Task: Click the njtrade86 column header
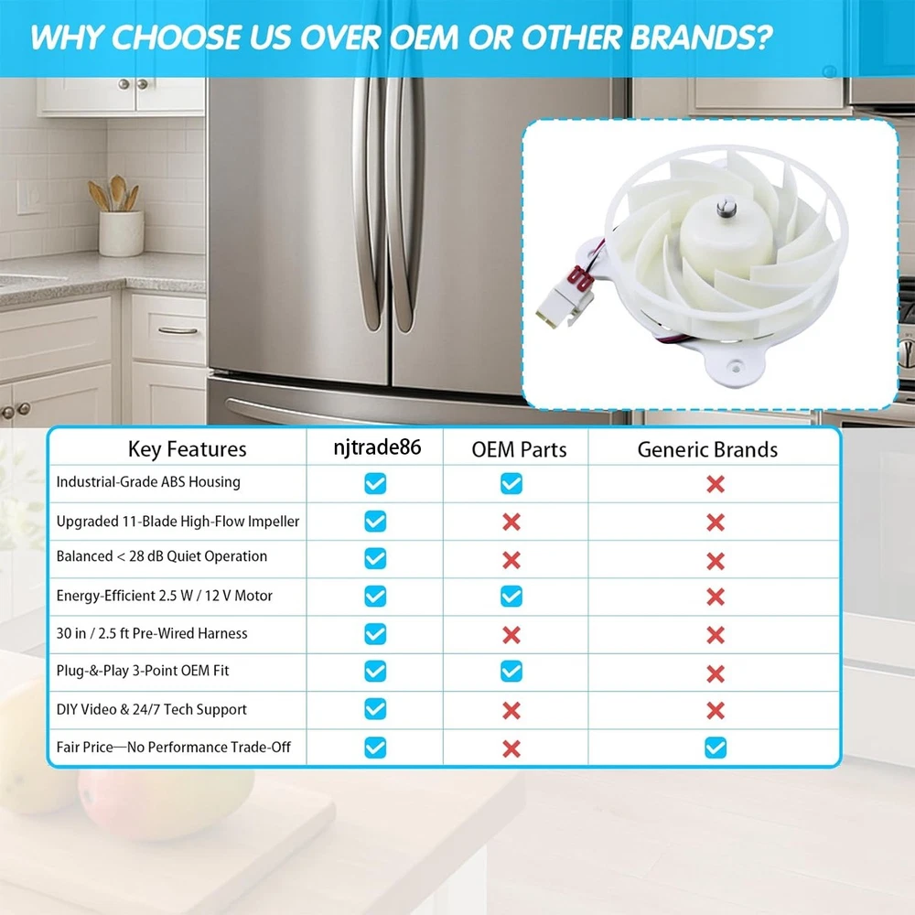377,447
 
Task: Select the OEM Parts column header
519,449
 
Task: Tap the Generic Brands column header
707,449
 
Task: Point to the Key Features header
187,448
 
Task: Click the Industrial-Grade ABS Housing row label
148,482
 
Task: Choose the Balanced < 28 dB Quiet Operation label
162,556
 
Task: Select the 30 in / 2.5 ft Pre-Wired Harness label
152,633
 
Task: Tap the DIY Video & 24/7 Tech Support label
151,709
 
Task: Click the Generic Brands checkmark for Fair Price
716,748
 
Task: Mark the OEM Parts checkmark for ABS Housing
511,483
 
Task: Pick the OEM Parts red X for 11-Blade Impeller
511,522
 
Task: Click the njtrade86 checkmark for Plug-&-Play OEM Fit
375,671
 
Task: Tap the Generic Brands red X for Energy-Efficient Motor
716,597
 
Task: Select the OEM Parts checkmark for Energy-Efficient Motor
511,597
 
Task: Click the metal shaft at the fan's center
726,209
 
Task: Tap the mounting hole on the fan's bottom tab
736,368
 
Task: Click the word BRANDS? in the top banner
702,38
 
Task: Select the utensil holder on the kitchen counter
121,233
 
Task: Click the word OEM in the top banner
425,38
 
